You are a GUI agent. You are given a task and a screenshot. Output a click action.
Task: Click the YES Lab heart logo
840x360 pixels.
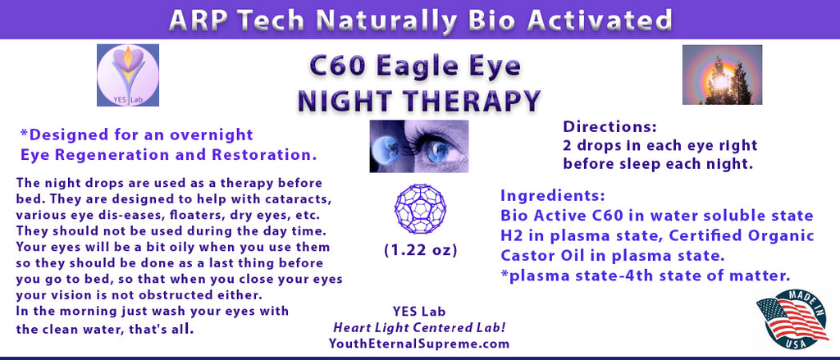point(128,75)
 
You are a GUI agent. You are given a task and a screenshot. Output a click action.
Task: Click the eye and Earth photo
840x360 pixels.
point(419,146)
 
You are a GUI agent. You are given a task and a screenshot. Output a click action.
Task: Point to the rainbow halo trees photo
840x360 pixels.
point(722,75)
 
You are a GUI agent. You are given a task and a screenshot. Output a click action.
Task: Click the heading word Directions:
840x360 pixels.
point(609,127)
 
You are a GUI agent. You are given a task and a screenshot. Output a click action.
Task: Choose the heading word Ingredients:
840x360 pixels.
point(552,195)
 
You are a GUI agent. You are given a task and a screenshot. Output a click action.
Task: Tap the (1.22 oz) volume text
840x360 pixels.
point(421,251)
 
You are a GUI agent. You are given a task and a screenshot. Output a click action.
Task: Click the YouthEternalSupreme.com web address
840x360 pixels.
point(419,344)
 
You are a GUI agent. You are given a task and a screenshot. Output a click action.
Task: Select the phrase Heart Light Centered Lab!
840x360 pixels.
point(419,327)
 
